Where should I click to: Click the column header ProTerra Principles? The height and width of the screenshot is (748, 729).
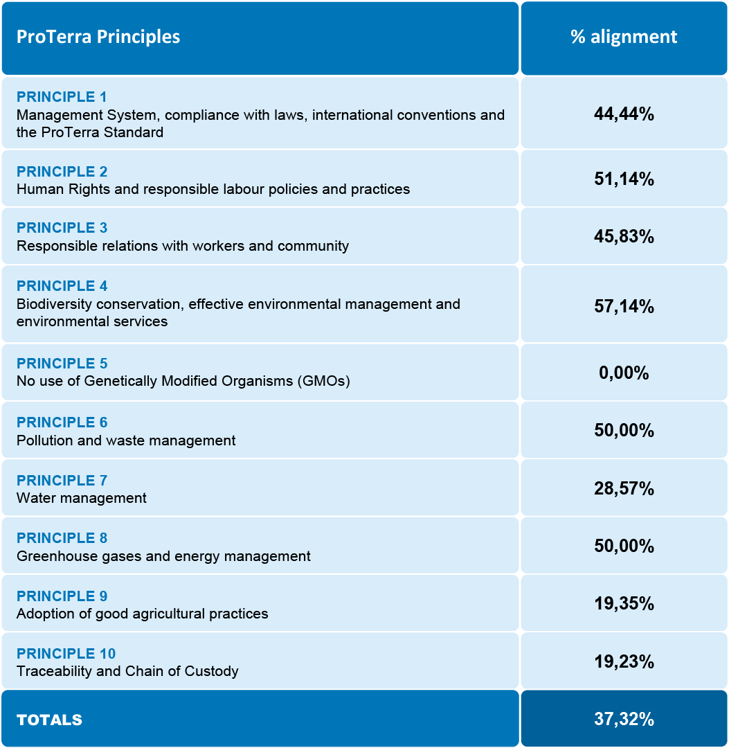point(98,37)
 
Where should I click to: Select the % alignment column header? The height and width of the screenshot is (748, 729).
point(624,37)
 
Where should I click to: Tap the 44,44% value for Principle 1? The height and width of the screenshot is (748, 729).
point(624,114)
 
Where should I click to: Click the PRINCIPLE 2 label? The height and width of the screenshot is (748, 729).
point(62,172)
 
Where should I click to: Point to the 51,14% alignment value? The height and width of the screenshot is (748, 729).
point(624,179)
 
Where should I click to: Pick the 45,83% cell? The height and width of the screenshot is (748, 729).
point(624,237)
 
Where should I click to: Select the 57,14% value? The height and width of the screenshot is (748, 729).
point(624,306)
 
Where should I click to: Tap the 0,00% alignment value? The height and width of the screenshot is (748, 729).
point(624,373)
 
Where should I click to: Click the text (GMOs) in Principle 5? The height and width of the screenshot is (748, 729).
point(326,381)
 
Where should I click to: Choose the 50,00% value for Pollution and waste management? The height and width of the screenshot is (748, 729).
point(624,431)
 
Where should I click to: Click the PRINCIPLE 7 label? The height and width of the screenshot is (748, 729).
point(62,481)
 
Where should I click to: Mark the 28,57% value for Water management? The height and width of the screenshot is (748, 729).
point(624,489)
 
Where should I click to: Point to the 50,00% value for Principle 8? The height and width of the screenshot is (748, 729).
point(624,546)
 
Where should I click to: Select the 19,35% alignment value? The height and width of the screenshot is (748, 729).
point(624,604)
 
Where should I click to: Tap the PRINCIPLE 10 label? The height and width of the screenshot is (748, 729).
point(66,654)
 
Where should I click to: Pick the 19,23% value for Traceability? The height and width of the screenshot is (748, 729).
point(624,662)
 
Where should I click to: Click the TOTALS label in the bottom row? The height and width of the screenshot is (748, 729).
point(49,720)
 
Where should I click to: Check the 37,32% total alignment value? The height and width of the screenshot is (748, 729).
point(624,720)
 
